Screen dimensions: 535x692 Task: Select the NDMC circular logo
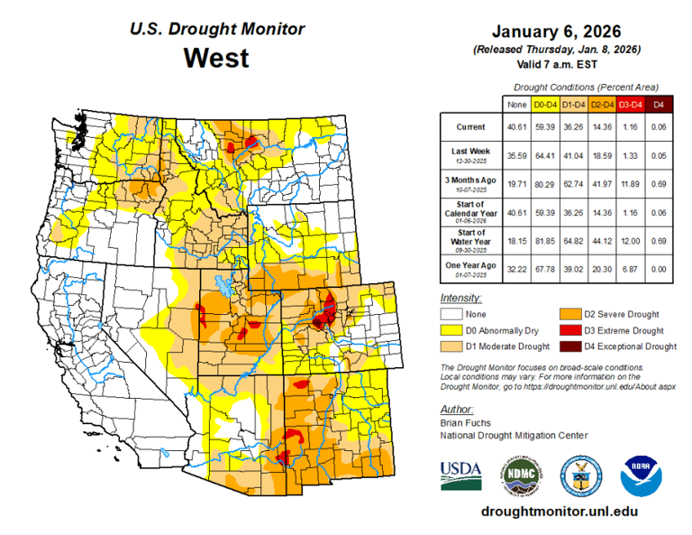click(520, 474)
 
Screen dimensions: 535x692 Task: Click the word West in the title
click(216, 58)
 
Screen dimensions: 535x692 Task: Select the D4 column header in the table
click(660, 105)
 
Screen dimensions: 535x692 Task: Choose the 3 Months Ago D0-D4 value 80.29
click(545, 181)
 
